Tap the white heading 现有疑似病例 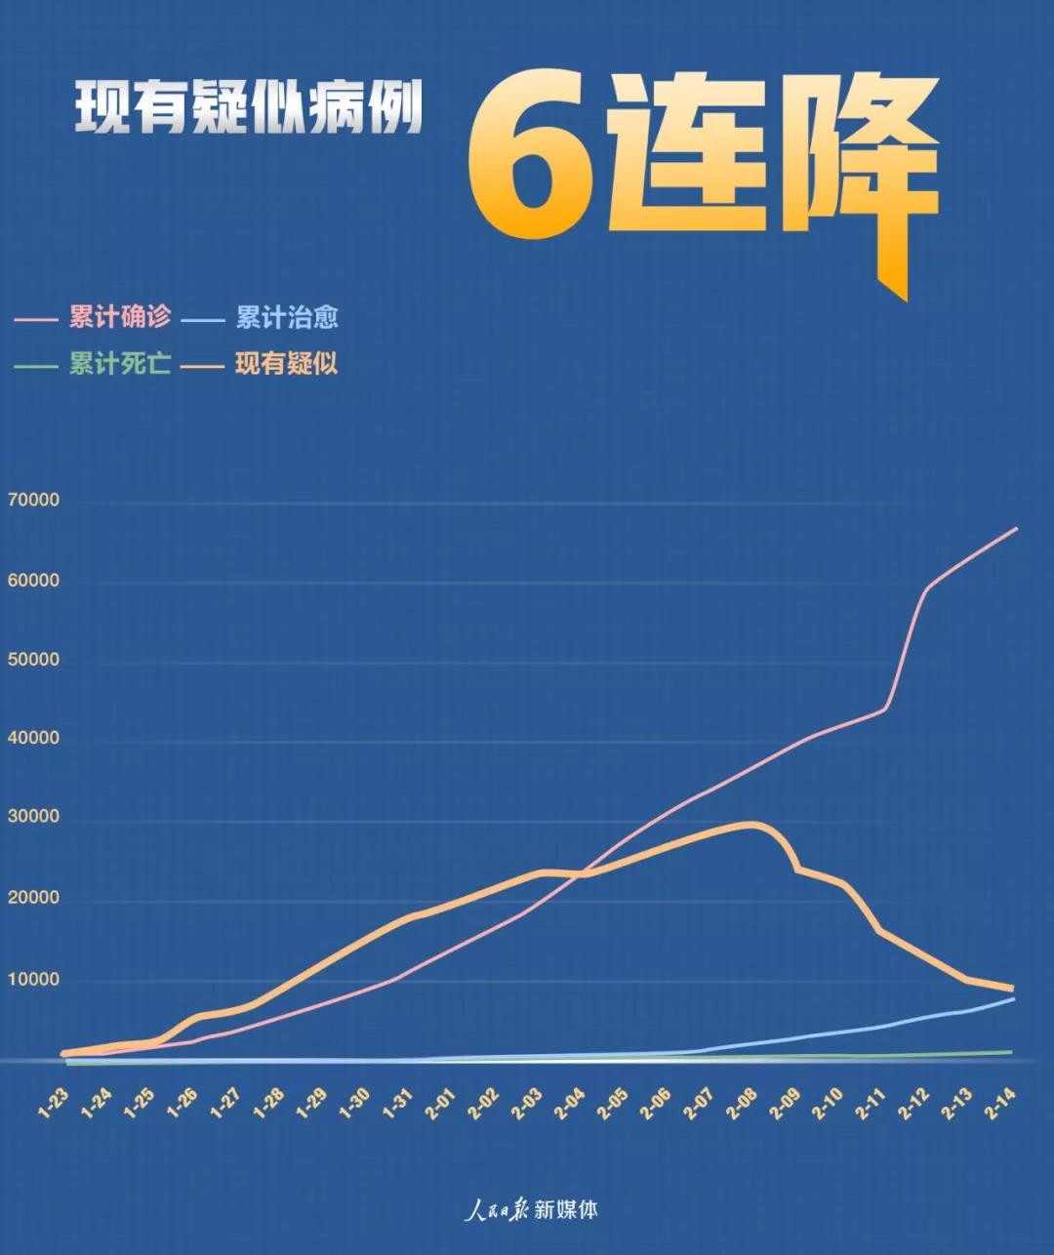[x=250, y=106]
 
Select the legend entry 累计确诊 [x=120, y=317]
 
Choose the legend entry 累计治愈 [x=287, y=317]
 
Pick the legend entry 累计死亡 [x=120, y=364]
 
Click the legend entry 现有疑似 [x=287, y=364]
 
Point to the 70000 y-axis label [x=33, y=500]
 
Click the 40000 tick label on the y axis [x=33, y=739]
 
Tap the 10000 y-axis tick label [x=33, y=979]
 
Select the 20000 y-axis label [x=33, y=898]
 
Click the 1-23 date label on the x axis [x=55, y=1103]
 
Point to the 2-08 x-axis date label [x=743, y=1103]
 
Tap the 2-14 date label [x=1000, y=1103]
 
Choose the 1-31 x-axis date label [x=398, y=1103]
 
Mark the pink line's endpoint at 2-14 [x=1017, y=528]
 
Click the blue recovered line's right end [x=1013, y=999]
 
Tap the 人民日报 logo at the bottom [x=497, y=1210]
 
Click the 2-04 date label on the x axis [x=570, y=1103]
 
